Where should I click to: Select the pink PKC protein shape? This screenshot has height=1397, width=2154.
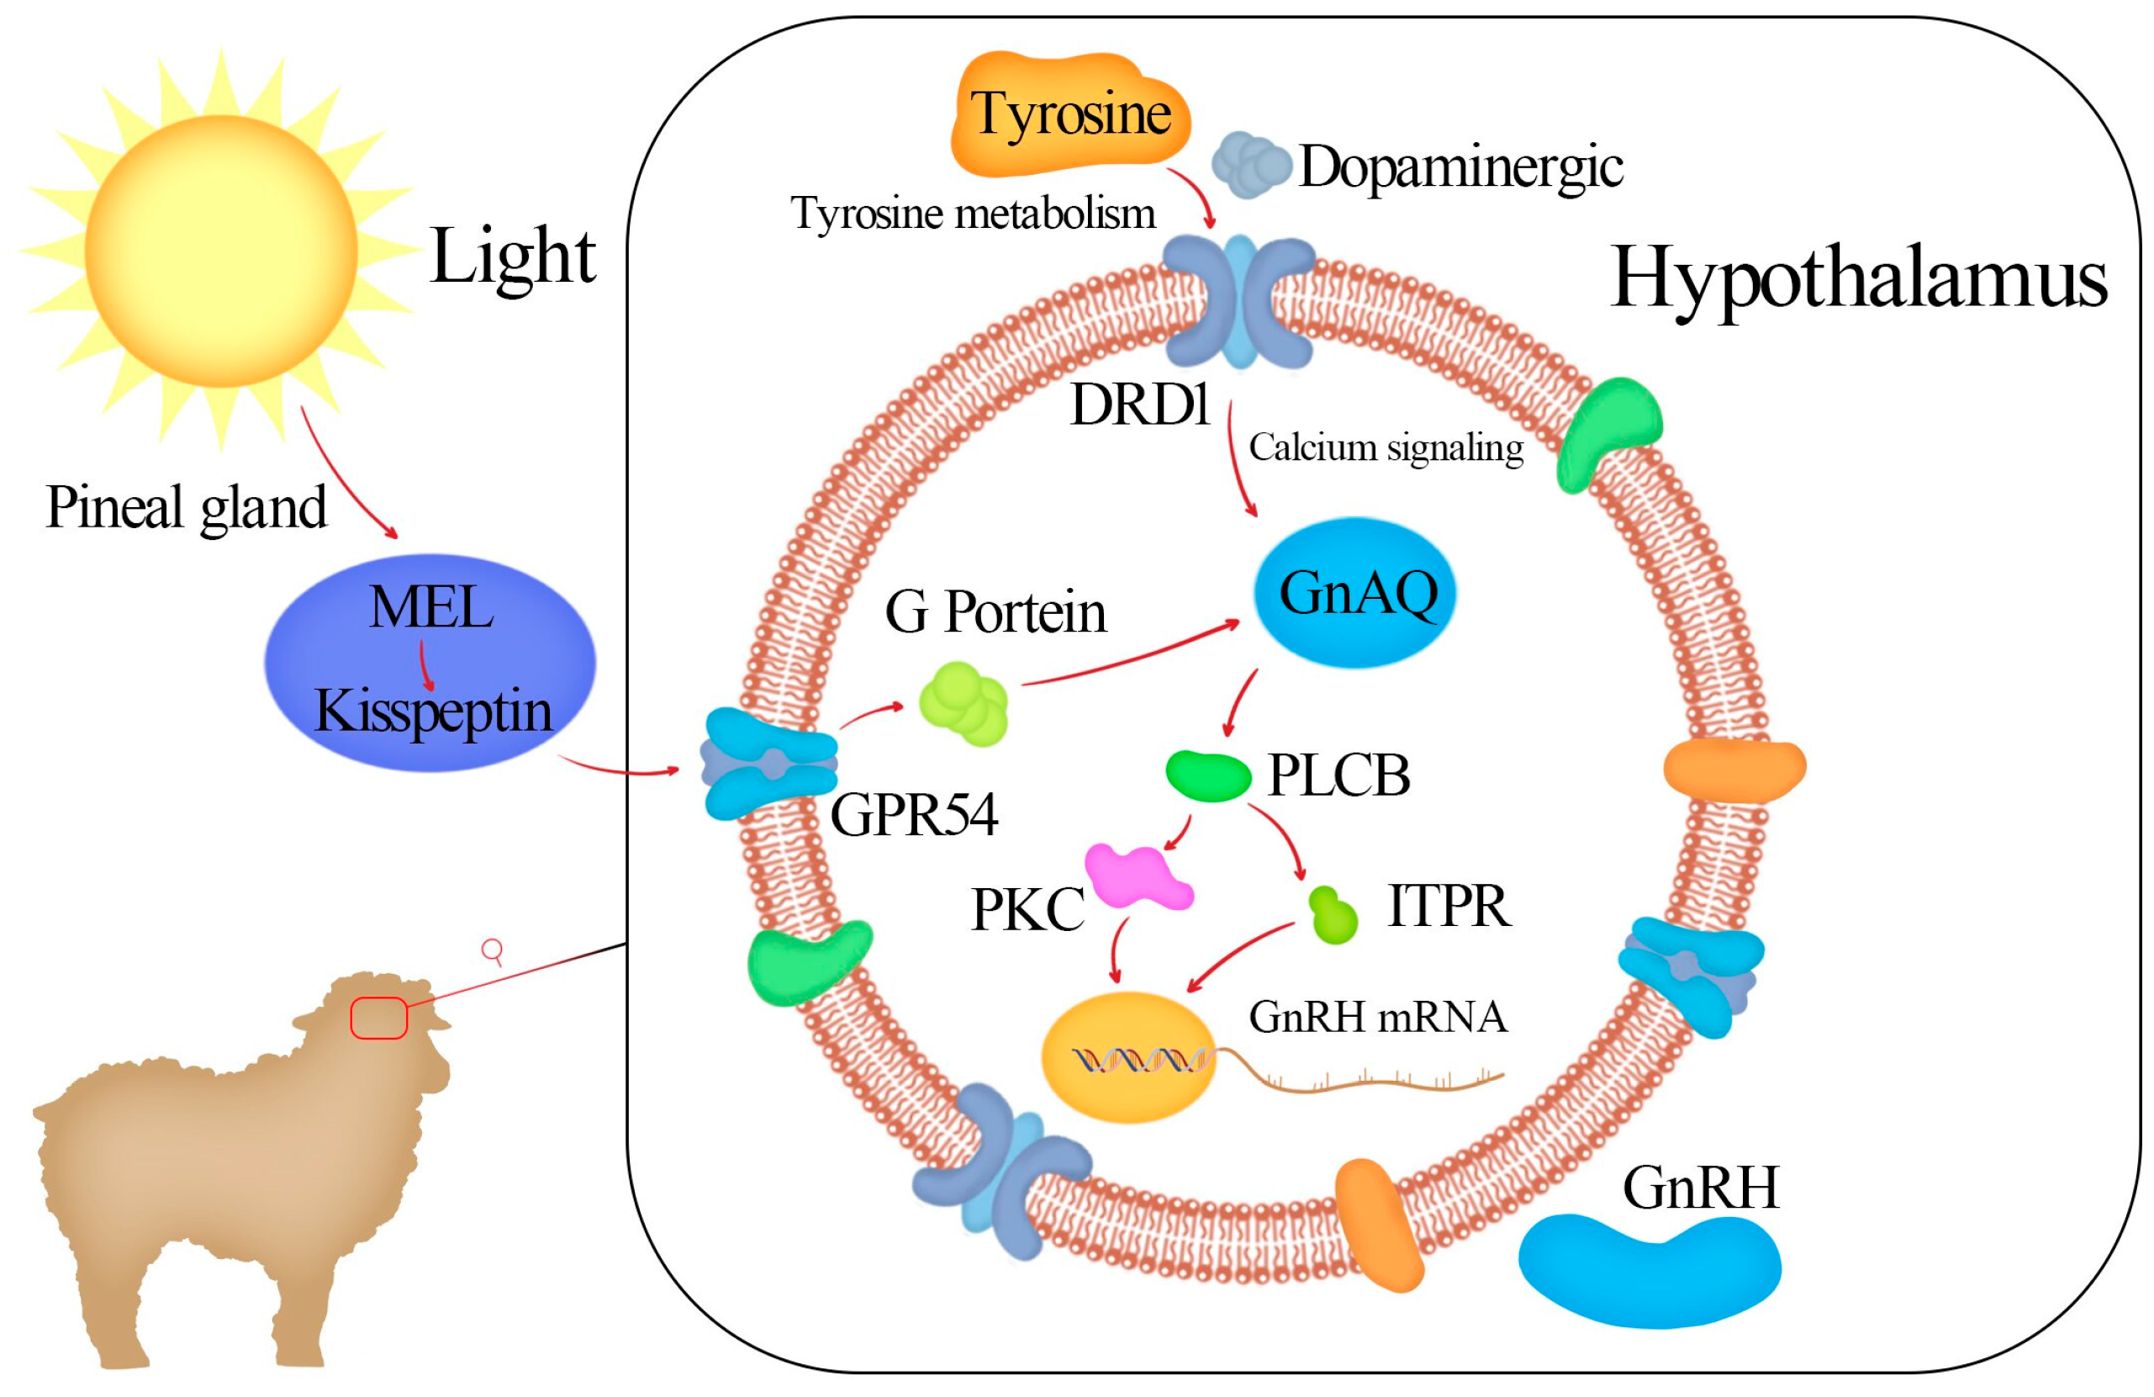1137,876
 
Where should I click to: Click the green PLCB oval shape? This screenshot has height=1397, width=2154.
1207,775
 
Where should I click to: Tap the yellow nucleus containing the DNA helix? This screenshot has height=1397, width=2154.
1129,1057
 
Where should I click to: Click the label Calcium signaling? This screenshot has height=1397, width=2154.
1386,448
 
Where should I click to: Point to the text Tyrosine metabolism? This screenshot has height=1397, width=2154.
973,214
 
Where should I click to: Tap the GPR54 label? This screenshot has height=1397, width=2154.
913,815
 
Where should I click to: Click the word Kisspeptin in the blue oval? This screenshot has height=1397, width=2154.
433,712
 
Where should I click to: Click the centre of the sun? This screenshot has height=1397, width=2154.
221,251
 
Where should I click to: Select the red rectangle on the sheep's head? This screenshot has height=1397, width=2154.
379,1018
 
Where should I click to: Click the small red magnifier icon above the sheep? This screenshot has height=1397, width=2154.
493,950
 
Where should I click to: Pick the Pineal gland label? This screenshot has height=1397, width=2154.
187,507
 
